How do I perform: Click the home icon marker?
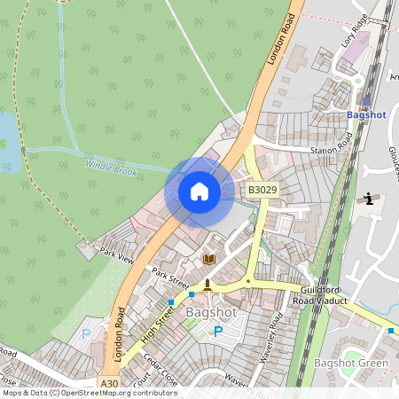pyautogui.click(x=199, y=192)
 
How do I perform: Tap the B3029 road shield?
pyautogui.click(x=262, y=190)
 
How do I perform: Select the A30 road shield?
pyautogui.click(x=109, y=383)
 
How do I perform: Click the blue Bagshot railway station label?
pyautogui.click(x=366, y=115)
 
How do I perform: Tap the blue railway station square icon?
pyautogui.click(x=366, y=100)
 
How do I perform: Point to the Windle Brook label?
pyautogui.click(x=111, y=166)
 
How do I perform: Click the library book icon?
pyautogui.click(x=210, y=259)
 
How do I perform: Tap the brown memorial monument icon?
pyautogui.click(x=207, y=284)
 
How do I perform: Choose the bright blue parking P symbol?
pyautogui.click(x=218, y=332)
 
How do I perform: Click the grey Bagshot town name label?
pyautogui.click(x=210, y=312)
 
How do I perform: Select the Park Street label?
pyautogui.click(x=169, y=278)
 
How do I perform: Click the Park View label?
pyautogui.click(x=116, y=254)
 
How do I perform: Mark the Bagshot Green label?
pyautogui.click(x=351, y=364)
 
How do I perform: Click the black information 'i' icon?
pyautogui.click(x=366, y=199)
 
